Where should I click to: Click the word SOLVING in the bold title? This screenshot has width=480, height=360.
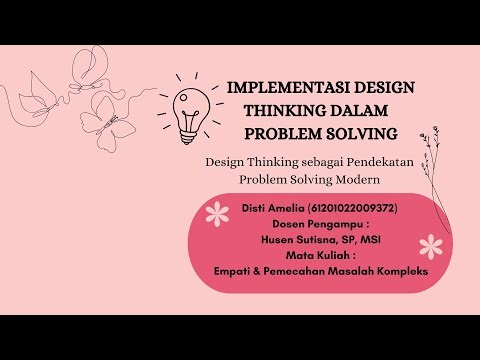[361, 133]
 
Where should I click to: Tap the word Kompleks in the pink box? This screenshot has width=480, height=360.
[399, 272]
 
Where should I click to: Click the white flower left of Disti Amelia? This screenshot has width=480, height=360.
[214, 213]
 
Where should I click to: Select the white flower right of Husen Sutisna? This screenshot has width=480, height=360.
[430, 245]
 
